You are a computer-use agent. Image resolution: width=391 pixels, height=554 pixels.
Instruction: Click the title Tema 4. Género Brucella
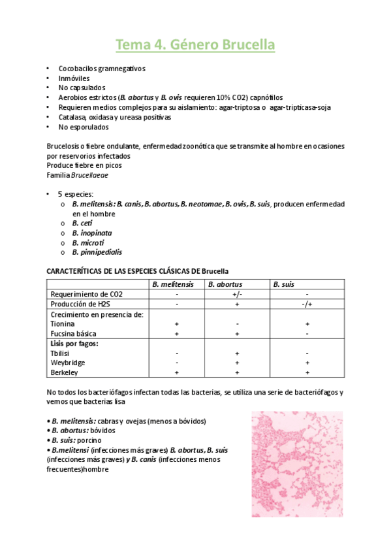coord(195,45)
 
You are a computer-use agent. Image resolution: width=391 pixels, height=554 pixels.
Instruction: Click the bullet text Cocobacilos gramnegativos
coord(101,69)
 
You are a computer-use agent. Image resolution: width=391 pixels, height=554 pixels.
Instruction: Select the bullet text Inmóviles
coord(74,78)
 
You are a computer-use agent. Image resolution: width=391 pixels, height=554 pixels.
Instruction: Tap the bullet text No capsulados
coord(82,88)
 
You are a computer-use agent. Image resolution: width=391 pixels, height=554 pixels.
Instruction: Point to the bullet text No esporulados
coord(84,127)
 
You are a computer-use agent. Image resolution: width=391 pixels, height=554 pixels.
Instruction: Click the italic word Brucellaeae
coord(90,176)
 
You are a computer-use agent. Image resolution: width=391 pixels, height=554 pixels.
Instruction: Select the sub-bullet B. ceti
coord(82,223)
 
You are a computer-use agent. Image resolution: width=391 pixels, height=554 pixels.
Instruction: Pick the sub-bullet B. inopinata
coord(89,233)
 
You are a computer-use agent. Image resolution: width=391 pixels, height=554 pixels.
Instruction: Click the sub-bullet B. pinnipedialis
coord(97,252)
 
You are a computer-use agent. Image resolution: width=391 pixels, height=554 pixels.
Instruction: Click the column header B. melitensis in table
coord(172,284)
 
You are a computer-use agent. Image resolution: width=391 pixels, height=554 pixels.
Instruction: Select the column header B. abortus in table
coord(225,284)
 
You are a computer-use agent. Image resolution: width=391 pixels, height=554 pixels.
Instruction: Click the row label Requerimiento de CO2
coord(86,294)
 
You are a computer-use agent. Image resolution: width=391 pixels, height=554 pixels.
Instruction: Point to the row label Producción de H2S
coord(80,304)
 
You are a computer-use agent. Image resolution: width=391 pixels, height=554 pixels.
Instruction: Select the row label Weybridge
coord(68,363)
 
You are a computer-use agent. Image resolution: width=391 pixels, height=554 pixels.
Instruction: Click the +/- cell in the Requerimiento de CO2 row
coord(236,294)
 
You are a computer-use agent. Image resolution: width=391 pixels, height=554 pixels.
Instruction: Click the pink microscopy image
coord(297,464)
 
